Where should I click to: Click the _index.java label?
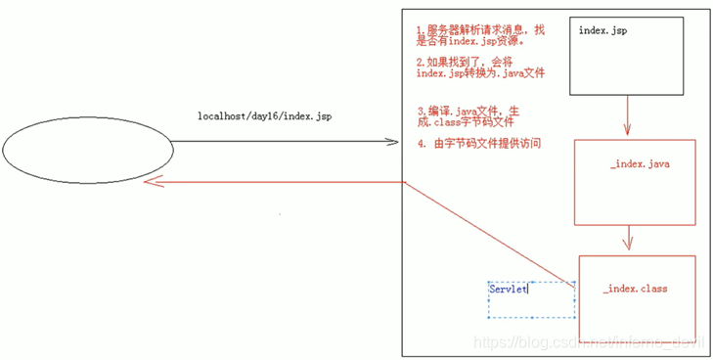pyautogui.click(x=639, y=163)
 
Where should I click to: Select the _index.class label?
pyautogui.click(x=636, y=290)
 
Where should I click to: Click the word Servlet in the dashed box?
pyautogui.click(x=508, y=289)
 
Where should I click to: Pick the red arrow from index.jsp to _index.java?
pyautogui.click(x=626, y=116)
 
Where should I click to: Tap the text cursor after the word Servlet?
pyautogui.click(x=528, y=289)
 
